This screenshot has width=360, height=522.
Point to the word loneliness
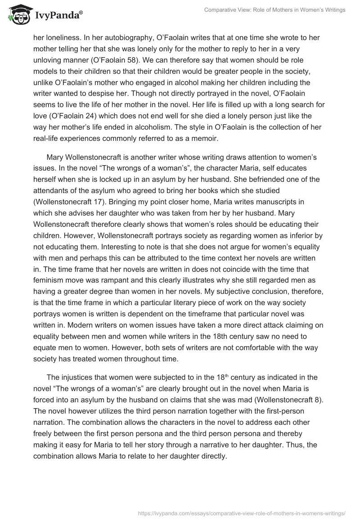(63, 38)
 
